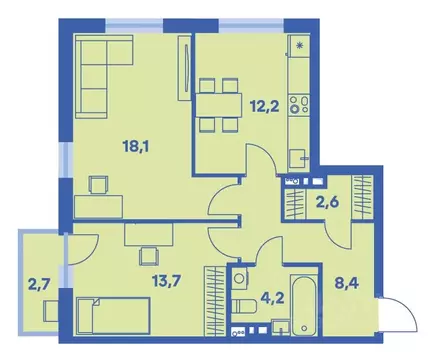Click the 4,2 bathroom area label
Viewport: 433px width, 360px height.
click(270, 296)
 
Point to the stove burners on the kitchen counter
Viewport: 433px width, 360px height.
click(298, 101)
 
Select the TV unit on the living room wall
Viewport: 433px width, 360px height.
click(182, 67)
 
